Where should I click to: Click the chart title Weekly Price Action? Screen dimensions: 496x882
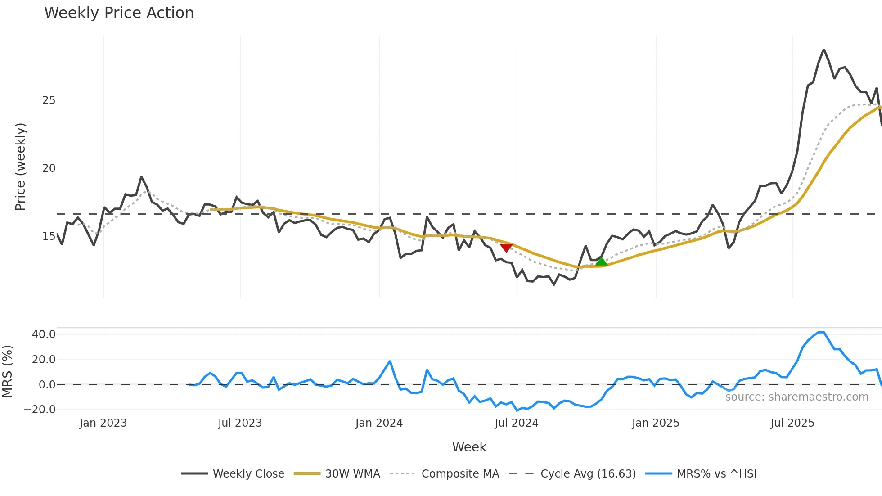click(x=119, y=13)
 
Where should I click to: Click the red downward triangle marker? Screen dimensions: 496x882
click(x=506, y=248)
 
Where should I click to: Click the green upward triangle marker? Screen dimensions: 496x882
click(x=601, y=262)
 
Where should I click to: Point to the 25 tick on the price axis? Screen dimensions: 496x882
click(x=49, y=100)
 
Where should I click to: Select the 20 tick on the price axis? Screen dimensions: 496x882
click(x=49, y=168)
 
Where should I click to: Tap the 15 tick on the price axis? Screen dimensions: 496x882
click(x=49, y=236)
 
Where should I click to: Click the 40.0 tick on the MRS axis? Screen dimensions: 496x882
click(x=44, y=334)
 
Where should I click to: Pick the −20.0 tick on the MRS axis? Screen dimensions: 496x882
click(x=40, y=410)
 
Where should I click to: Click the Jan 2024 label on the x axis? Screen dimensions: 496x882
click(x=379, y=423)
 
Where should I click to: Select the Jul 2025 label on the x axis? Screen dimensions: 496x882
click(x=792, y=423)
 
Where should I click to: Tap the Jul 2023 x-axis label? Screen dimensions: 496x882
click(x=240, y=423)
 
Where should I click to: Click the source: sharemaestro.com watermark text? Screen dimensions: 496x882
click(x=796, y=397)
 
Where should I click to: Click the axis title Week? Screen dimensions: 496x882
click(x=469, y=447)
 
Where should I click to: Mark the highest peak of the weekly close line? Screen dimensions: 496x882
click(x=824, y=50)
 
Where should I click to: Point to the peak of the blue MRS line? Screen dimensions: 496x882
click(x=821, y=332)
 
